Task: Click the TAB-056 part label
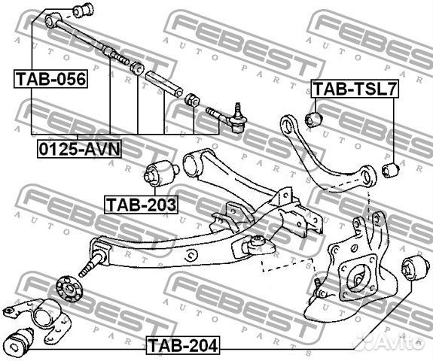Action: click(x=50, y=79)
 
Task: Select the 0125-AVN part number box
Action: click(x=80, y=149)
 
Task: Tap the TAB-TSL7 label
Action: click(x=355, y=89)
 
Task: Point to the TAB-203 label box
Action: click(x=141, y=205)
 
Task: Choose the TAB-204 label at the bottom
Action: click(x=183, y=345)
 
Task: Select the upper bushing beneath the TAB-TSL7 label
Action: click(x=314, y=119)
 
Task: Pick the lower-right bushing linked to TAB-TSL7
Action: click(x=390, y=171)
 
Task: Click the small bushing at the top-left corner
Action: click(x=83, y=9)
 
